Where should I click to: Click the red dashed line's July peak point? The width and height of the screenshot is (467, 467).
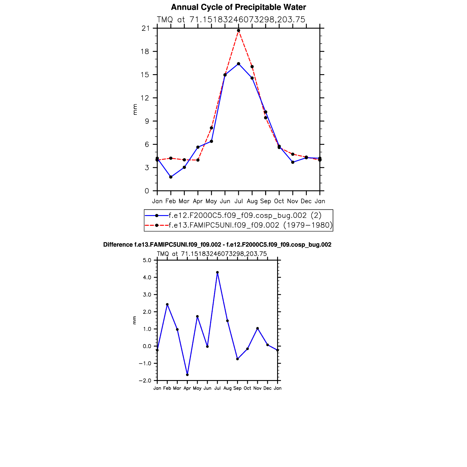tap(239, 31)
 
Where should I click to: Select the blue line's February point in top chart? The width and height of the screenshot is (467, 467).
tap(171, 177)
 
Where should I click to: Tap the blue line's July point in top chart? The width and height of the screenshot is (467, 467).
tap(239, 64)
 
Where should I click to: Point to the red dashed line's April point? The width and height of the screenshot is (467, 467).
tap(198, 160)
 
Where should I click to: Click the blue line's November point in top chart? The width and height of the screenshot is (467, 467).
tap(293, 162)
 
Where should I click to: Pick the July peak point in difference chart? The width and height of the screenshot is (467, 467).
tap(217, 272)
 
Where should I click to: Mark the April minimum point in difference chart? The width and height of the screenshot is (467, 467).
tap(187, 375)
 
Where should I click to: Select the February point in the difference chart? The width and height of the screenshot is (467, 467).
tap(167, 304)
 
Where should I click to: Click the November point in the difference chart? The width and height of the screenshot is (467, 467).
tap(258, 328)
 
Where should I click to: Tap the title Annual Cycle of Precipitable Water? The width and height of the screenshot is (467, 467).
tap(238, 7)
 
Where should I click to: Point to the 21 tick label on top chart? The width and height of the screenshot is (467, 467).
tap(145, 28)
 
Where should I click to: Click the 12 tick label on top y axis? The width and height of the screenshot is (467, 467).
tap(145, 98)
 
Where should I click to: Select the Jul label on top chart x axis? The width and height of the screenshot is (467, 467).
tap(239, 201)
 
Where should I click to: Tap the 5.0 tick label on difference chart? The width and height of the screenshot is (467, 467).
tap(147, 260)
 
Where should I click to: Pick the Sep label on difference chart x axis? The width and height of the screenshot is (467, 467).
tap(237, 388)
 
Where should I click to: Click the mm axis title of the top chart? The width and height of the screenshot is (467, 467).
tap(135, 109)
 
